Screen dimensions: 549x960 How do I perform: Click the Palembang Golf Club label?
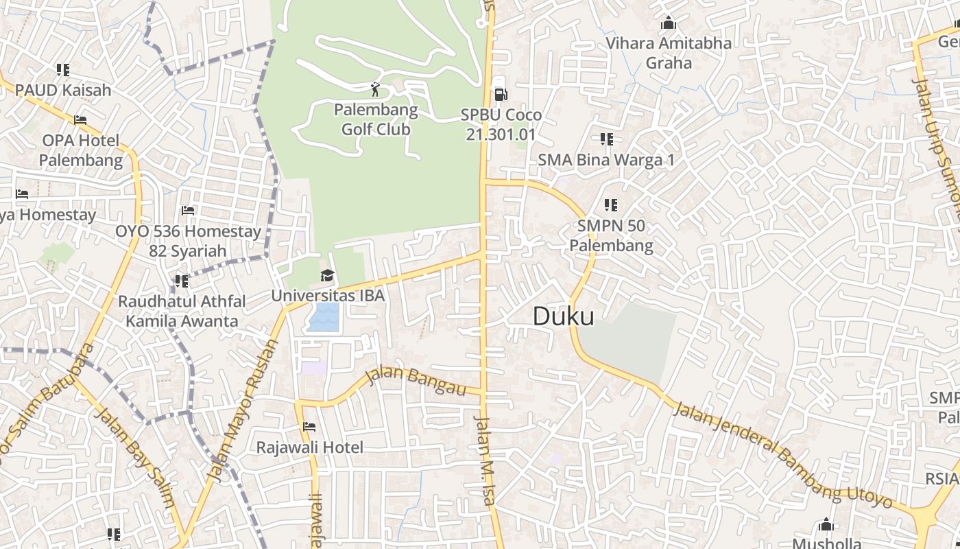pos(376,119)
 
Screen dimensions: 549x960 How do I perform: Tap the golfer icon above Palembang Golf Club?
pos(375,89)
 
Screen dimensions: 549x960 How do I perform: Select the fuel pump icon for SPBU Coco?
pos(501,95)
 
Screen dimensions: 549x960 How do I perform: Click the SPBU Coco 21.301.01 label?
pos(501,124)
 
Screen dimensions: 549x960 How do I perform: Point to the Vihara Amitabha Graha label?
pos(669,53)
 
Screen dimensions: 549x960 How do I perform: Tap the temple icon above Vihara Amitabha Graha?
pos(669,23)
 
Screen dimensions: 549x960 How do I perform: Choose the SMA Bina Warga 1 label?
pos(606,160)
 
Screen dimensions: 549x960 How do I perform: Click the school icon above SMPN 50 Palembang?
pos(611,205)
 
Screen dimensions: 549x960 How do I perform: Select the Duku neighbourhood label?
pos(564,316)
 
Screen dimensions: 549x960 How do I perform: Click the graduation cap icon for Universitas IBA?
pos(328,276)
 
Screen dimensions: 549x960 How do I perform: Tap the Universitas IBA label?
pos(328,296)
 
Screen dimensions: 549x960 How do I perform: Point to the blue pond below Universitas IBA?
pos(324,318)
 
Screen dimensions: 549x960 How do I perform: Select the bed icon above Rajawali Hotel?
pos(309,427)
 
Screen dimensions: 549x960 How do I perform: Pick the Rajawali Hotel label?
pos(310,447)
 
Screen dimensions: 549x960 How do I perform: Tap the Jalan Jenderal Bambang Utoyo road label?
pos(782,455)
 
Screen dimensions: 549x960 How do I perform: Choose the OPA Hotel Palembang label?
pos(81,150)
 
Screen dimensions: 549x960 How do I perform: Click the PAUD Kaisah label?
pos(63,90)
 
